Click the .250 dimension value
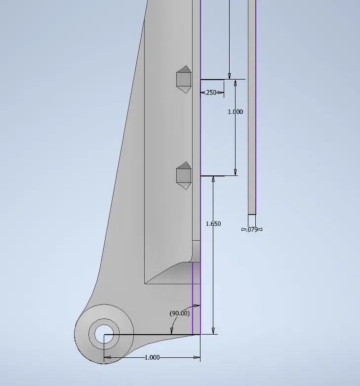(x=211, y=92)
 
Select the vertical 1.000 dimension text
(x=236, y=112)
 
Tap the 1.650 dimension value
(x=213, y=224)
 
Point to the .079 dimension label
(x=252, y=229)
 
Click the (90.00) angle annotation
(x=180, y=313)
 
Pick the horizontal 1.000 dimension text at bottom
(x=152, y=357)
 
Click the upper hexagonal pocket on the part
(x=184, y=79)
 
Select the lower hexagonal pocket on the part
(x=184, y=175)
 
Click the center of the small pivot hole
(x=104, y=334)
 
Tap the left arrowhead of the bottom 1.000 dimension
(x=108, y=357)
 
